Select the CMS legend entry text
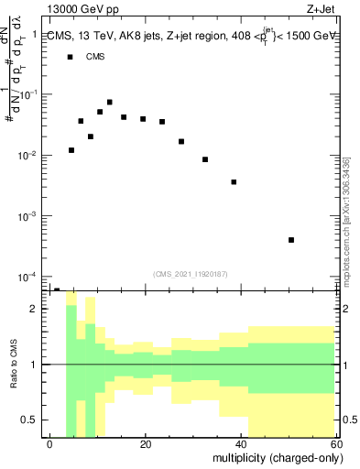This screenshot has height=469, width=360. pyautogui.click(x=95, y=57)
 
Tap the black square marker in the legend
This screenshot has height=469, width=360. pyautogui.click(x=71, y=57)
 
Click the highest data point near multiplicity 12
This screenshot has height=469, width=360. pyautogui.click(x=110, y=103)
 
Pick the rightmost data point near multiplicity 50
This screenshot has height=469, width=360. pyautogui.click(x=291, y=240)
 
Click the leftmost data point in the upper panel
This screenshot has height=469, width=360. pyautogui.click(x=71, y=150)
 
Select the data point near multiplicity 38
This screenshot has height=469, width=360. pyautogui.click(x=235, y=182)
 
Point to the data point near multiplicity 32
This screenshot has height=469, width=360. pyautogui.click(x=205, y=159)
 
